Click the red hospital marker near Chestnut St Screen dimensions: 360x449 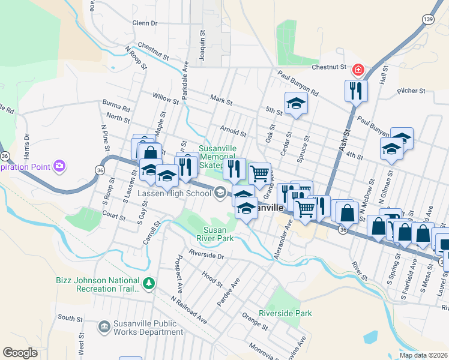click(358, 71)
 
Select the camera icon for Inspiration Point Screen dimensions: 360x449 click(59, 165)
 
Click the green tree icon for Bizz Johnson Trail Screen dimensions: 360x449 click(148, 283)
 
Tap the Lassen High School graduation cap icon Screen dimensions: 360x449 click(220, 193)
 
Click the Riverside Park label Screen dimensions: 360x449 click(285, 313)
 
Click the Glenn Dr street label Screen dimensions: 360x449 click(144, 23)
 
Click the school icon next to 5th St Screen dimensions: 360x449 click(295, 103)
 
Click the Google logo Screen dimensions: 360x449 click(20, 353)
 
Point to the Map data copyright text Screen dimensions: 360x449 click(423, 355)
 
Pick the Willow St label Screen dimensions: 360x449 click(166, 98)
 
